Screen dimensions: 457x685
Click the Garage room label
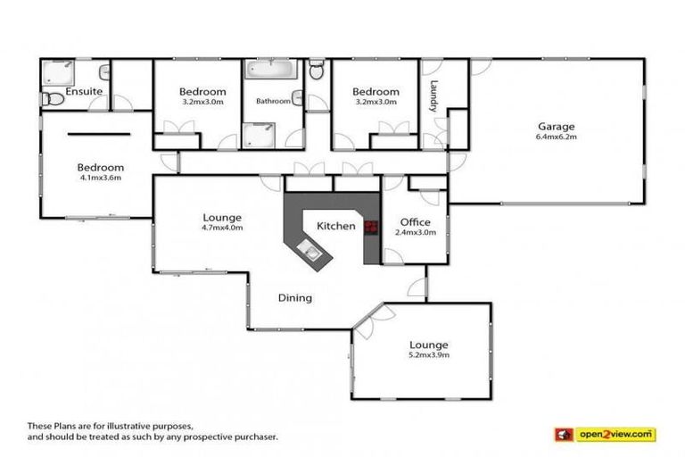pos(556,126)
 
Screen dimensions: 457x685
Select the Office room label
pos(416,222)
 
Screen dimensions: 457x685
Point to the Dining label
pos(294,298)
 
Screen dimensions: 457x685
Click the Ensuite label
pos(84,91)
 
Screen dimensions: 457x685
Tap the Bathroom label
pos(273,101)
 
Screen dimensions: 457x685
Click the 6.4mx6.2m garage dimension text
pos(556,137)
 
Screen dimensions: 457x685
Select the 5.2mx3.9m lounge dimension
pos(428,355)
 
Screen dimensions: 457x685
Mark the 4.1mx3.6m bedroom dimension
pos(100,178)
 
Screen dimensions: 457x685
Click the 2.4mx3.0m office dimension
pos(416,233)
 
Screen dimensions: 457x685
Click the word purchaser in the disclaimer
pos(255,437)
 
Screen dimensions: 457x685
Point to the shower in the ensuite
pos(56,73)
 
